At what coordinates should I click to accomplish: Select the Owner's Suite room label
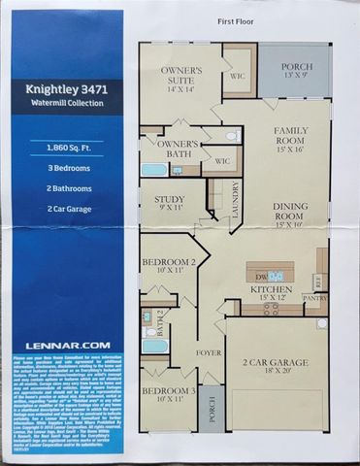[180, 77]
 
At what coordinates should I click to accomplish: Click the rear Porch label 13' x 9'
[292, 70]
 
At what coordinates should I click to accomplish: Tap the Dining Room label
[290, 212]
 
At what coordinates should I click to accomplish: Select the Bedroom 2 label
[169, 266]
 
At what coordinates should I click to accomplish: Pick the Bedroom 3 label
[169, 393]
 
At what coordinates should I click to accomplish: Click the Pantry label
[315, 299]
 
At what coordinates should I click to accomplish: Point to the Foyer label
[209, 351]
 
